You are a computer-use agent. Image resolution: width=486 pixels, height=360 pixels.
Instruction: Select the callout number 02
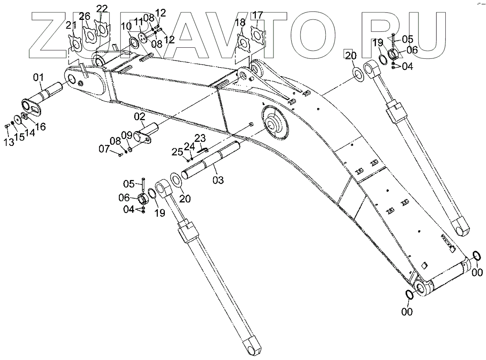[140, 117]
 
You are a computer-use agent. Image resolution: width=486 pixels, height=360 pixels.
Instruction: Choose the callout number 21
[71, 25]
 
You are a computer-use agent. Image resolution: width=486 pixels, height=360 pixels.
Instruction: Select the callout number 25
[177, 152]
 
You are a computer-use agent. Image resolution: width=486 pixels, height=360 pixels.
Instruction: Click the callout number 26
[84, 16]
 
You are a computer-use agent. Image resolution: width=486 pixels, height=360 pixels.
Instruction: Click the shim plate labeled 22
[103, 29]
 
